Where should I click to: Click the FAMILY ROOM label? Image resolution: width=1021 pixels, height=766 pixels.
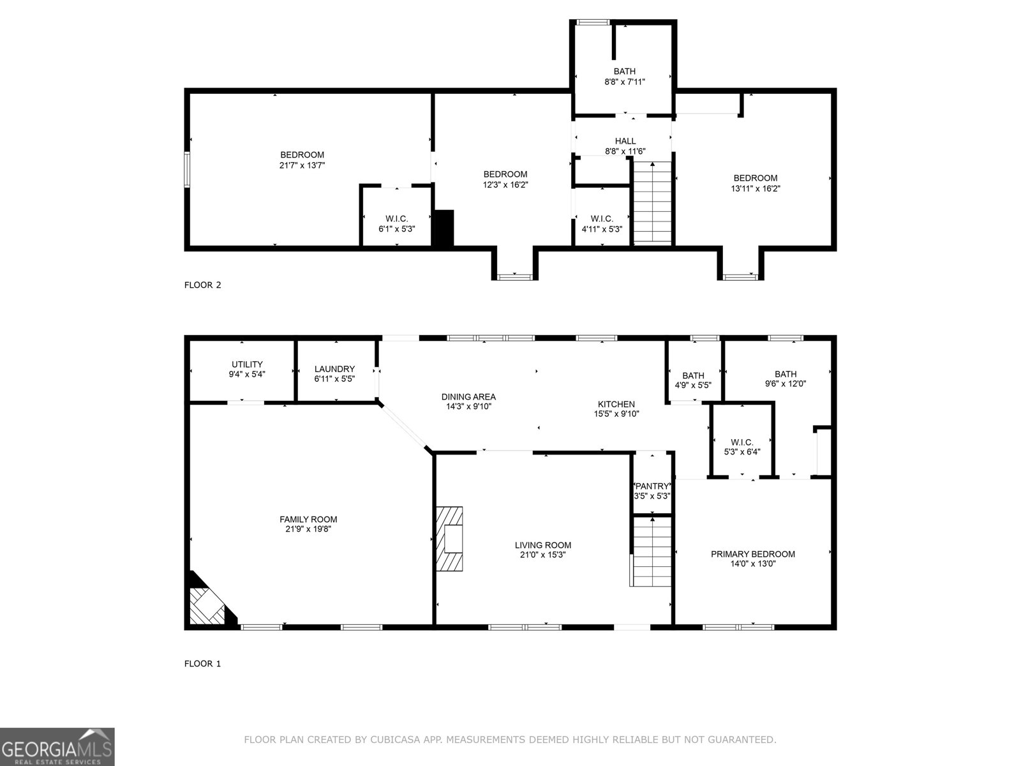point(308,519)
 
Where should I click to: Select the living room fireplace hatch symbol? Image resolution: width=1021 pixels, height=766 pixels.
point(450,539)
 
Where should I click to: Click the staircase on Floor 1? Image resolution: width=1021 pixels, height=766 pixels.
point(652,552)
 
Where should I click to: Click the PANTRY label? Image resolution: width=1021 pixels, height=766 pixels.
point(652,486)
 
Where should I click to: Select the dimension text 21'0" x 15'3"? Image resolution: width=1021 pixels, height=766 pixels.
point(543,555)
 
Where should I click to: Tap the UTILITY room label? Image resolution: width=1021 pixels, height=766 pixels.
point(247,364)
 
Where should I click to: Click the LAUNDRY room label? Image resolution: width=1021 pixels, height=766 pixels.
point(334,369)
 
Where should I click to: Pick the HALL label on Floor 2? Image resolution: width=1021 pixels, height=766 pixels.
point(625,141)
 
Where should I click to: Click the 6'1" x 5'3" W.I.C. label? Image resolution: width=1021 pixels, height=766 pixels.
point(396,229)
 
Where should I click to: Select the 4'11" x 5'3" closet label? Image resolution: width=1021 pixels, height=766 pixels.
point(601,229)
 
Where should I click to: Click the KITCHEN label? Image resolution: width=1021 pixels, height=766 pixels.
point(616,404)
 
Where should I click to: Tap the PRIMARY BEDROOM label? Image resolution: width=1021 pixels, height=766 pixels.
point(753,554)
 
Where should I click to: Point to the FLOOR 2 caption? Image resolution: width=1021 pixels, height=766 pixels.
point(202,285)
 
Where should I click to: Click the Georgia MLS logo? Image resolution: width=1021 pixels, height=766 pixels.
point(57,746)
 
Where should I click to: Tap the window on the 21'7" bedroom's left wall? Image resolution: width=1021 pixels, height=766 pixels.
point(187,169)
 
